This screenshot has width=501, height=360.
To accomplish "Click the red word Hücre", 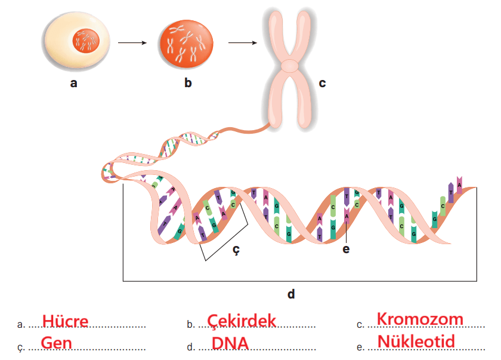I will pos(65,321).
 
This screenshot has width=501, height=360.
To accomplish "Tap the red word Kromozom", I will pos(420,319).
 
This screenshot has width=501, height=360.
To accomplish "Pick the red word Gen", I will pos(57,343).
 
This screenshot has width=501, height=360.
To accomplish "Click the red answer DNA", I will pos(230,343).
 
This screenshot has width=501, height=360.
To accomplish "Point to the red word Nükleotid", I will pos(416,341).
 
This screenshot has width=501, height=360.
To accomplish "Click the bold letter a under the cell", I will pos(73,84).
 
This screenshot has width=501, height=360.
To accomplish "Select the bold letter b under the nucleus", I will pos(188,83).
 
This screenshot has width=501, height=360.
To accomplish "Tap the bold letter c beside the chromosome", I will pos(322,83).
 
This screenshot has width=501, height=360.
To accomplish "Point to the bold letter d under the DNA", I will pos(291,294).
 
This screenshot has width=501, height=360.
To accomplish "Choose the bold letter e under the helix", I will pos(346,250).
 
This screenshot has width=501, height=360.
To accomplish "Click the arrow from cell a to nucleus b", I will pos(132,43).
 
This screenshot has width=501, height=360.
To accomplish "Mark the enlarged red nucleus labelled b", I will pos(187,45).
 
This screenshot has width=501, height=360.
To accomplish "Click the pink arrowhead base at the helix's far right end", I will pos(459,181).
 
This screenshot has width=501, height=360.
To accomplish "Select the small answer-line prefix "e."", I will pos(360,347).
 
